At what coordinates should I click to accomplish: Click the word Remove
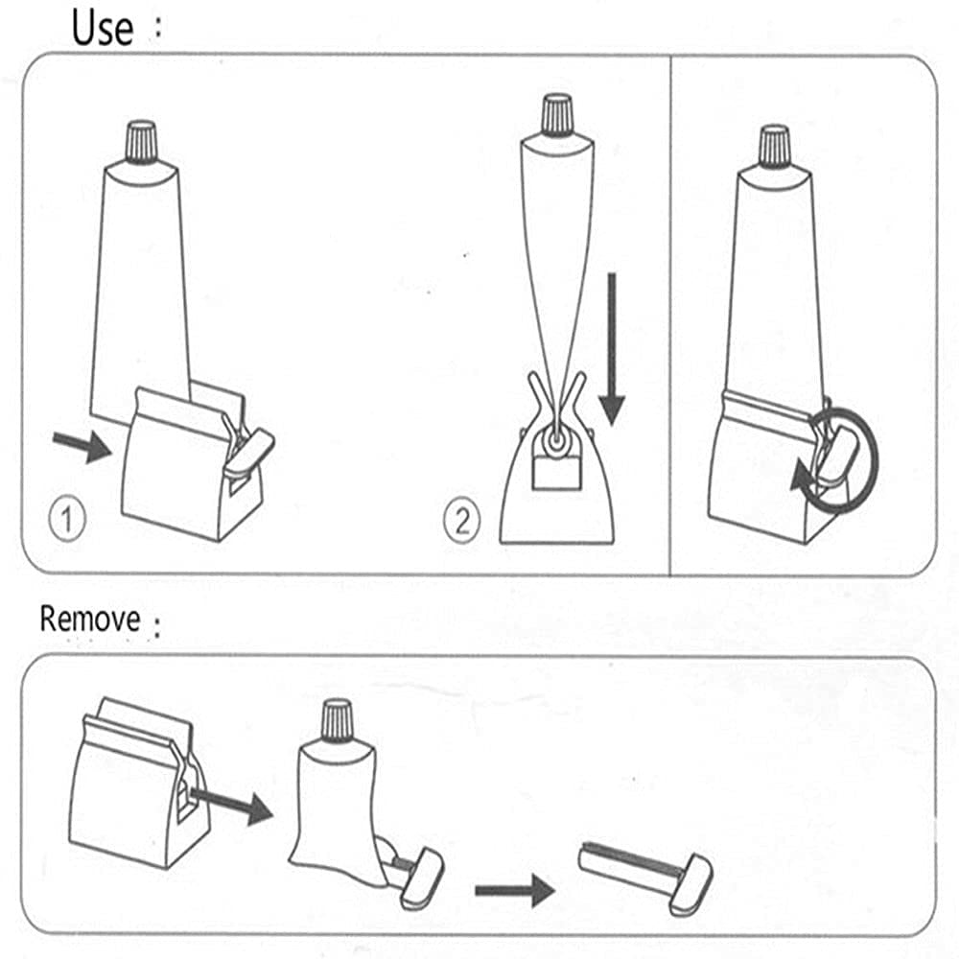tap(89, 620)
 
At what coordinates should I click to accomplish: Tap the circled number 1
tap(66, 521)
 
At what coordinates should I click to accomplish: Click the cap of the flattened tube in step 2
tap(557, 114)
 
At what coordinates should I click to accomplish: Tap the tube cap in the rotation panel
tap(774, 144)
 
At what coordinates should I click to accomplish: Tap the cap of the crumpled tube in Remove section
tap(337, 718)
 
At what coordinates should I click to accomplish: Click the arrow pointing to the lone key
tap(514, 891)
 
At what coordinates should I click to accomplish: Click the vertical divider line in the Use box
tap(670, 316)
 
